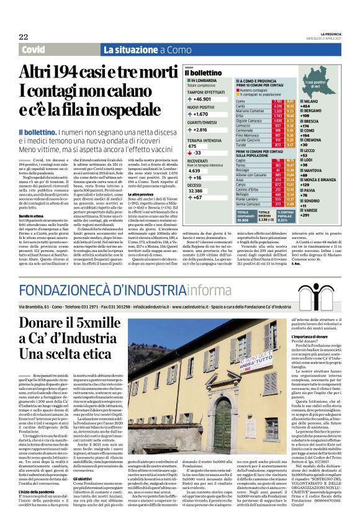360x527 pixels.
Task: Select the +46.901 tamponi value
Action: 202,99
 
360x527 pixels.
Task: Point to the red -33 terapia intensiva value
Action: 198,152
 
